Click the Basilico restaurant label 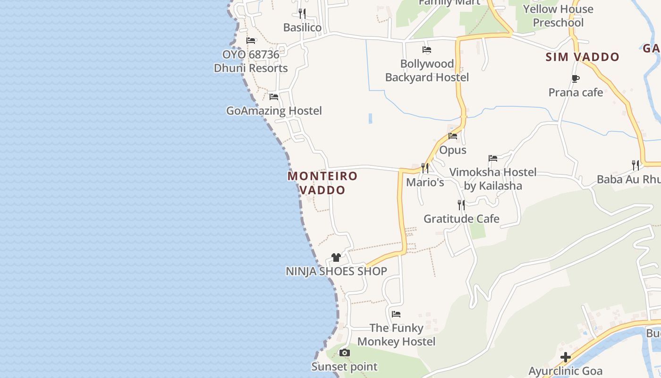click(302, 27)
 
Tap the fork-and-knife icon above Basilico click(302, 13)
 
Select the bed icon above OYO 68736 click(251, 41)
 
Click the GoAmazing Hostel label click(274, 111)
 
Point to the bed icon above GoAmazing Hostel click(274, 97)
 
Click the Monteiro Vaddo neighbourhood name click(323, 183)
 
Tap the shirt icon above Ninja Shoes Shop click(336, 258)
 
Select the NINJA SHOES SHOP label click(336, 271)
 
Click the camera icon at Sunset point click(345, 352)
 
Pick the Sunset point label click(345, 367)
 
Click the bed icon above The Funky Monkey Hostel click(396, 314)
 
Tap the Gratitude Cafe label click(461, 219)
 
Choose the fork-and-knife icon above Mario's click(425, 168)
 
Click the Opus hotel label click(453, 150)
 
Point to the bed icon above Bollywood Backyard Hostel click(427, 50)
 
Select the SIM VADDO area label click(582, 57)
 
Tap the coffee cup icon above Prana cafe click(575, 78)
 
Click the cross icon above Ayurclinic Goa click(566, 357)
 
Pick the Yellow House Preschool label click(558, 16)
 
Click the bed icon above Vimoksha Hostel click(493, 158)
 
